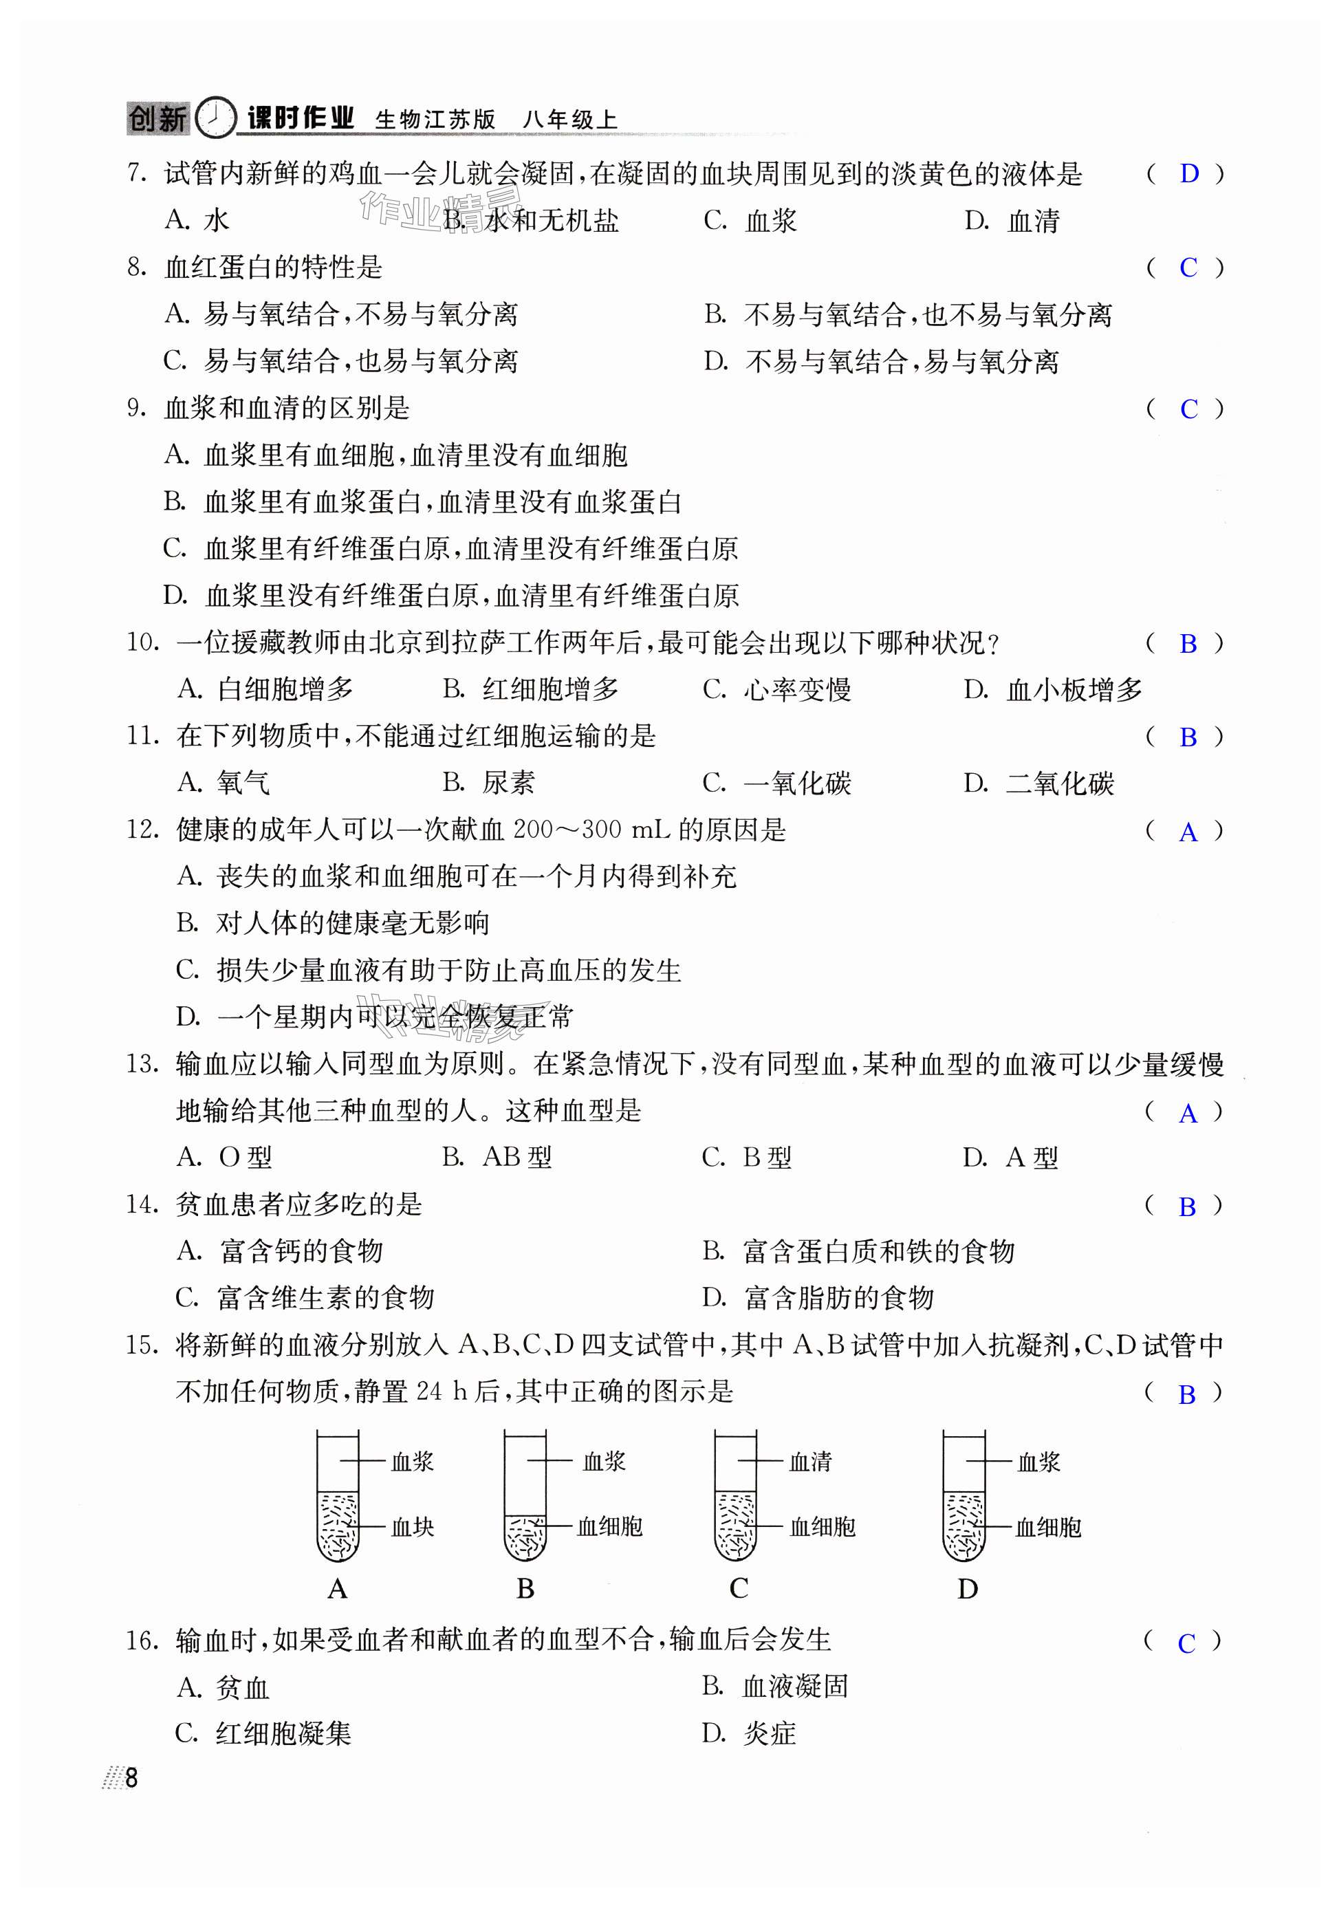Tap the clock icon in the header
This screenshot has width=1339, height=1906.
[x=216, y=117]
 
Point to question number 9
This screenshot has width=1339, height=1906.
[x=137, y=408]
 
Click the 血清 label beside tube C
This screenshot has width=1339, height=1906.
[x=809, y=1461]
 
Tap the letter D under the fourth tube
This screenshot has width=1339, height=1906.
[x=967, y=1589]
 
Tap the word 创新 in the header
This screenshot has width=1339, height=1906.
[x=157, y=119]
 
